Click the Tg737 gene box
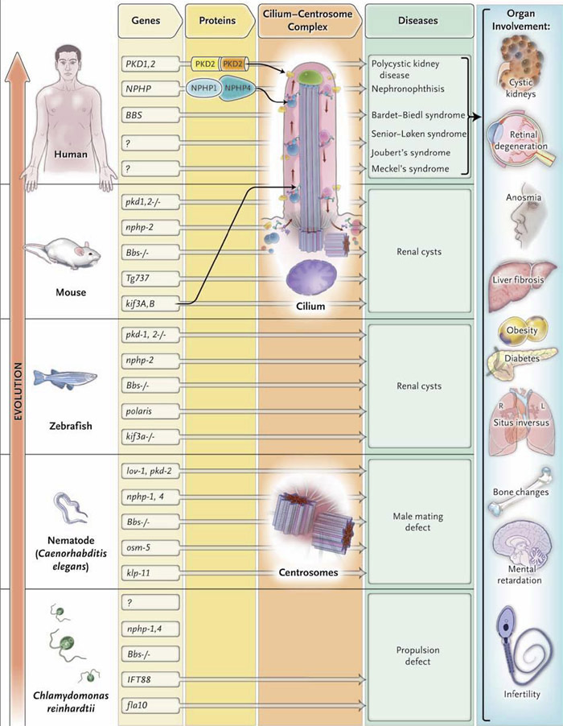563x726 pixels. tap(149, 277)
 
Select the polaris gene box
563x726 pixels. tap(149, 411)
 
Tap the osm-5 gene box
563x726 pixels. tap(149, 546)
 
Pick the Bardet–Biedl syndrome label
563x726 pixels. tap(419, 115)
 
